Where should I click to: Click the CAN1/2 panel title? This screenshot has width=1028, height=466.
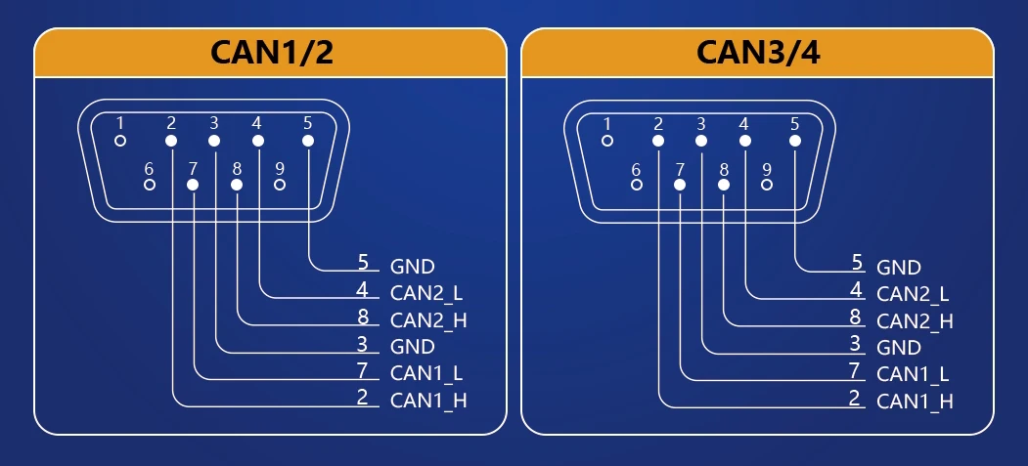tap(271, 53)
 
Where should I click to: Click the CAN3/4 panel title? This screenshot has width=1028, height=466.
tap(758, 53)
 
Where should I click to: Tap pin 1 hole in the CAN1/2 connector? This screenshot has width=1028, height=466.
tap(120, 141)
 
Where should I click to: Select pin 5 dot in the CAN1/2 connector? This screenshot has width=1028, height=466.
tap(307, 141)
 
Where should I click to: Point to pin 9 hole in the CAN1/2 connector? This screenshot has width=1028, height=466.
tap(280, 184)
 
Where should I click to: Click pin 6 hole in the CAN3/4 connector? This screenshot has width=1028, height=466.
tap(636, 184)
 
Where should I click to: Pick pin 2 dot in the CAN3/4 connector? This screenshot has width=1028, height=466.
tap(658, 141)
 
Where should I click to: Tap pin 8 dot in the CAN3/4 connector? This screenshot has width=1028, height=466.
tap(724, 184)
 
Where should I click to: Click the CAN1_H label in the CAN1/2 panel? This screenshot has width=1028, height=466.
tap(428, 401)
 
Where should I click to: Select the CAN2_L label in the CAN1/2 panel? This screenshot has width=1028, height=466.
tap(427, 292)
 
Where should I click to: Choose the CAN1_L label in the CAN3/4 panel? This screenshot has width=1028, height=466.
tap(914, 373)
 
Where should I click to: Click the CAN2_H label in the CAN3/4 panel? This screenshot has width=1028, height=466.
tap(915, 320)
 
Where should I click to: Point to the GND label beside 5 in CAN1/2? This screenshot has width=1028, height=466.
tap(412, 266)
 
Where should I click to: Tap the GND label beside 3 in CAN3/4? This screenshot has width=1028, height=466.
tap(899, 347)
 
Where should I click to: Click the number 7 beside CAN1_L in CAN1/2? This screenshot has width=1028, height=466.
tap(362, 370)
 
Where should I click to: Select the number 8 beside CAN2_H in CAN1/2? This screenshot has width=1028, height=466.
tap(362, 317)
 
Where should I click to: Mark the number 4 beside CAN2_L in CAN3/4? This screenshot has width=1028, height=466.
tap(855, 290)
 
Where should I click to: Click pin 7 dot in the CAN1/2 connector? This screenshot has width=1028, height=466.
tap(193, 184)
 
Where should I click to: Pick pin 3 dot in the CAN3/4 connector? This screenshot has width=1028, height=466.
tap(701, 141)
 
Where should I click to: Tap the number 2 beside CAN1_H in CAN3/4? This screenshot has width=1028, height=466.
tap(855, 397)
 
